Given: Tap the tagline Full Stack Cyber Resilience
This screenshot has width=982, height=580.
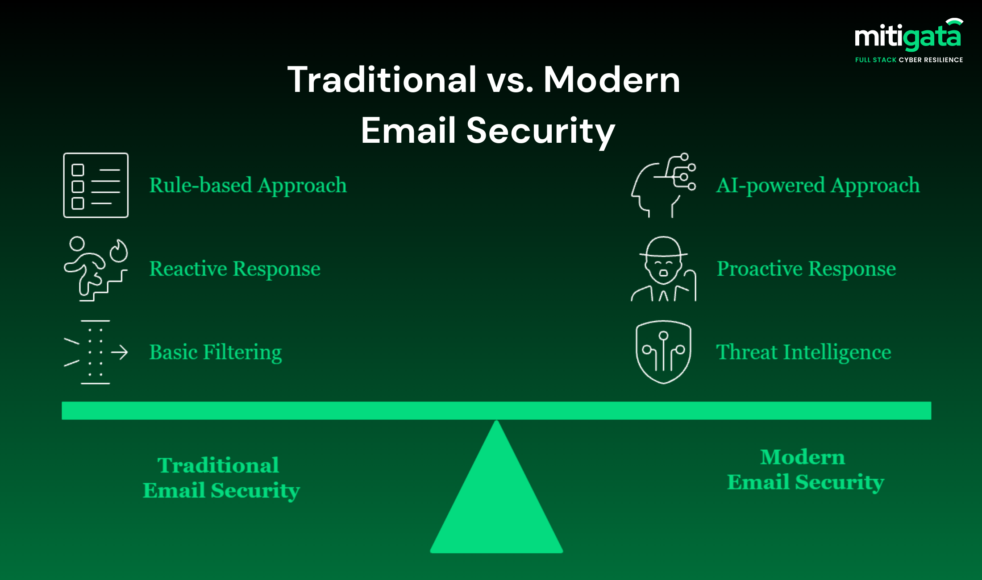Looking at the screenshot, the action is point(909,60).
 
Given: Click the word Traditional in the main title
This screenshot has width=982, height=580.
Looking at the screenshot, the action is point(382,79).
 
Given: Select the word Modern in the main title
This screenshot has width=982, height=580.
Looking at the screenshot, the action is point(612,79).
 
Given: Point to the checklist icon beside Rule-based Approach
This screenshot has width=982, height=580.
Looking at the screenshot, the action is point(96,185).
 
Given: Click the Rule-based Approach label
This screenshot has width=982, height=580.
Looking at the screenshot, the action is point(248,186).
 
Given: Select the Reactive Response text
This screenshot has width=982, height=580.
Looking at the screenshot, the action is point(235,269).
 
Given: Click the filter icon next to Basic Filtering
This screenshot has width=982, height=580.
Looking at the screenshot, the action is point(96,352).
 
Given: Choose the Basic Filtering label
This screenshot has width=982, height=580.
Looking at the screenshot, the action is point(216,352).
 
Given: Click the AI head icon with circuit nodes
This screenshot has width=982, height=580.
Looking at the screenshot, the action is point(663,185).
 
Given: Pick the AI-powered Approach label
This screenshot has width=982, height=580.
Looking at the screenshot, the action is point(818,186).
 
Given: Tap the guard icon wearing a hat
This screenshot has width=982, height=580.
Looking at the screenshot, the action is point(663,269).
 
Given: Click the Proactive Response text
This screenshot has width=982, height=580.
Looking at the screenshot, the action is point(806,269).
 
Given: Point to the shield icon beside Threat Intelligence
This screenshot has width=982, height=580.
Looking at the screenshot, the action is point(663,352).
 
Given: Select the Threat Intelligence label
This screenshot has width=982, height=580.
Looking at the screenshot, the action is point(803,352).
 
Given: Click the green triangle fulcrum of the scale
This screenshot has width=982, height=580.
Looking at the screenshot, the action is point(496,500).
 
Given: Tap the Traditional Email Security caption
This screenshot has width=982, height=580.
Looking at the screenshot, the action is point(221,478).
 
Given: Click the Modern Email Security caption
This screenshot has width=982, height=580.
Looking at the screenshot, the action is point(806,470).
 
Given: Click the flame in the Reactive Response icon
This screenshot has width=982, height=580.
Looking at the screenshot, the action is point(119,251).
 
